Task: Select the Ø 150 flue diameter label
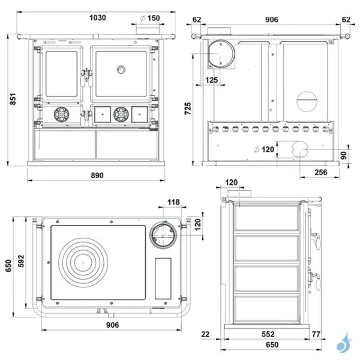(x=149, y=19)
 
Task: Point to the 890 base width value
(x=97, y=175)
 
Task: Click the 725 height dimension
(x=188, y=108)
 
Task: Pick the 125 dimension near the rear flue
(x=211, y=79)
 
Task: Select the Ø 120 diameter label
(x=265, y=148)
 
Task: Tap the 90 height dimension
(x=344, y=155)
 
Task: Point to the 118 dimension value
(x=173, y=202)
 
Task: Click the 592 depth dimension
(x=21, y=262)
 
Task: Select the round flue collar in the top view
(x=164, y=235)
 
